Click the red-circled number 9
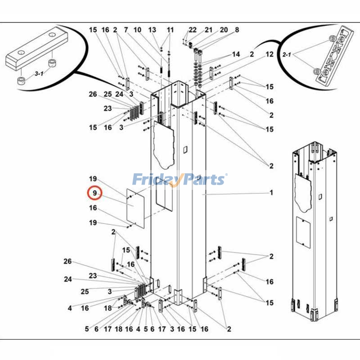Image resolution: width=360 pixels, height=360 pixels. click(95, 193)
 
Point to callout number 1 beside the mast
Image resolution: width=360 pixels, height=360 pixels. click(271, 193)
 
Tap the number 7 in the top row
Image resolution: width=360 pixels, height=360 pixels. click(126, 30)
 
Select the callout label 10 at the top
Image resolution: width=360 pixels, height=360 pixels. click(138, 30)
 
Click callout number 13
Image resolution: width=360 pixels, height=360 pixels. click(153, 30)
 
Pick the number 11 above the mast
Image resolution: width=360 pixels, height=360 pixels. click(170, 30)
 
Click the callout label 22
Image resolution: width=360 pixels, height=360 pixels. click(193, 30)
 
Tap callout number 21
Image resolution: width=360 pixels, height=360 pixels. click(208, 30)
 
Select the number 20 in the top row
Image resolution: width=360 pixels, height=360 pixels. click(224, 30)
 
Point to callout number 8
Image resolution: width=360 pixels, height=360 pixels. click(237, 30)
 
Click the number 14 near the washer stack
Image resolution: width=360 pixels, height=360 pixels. click(236, 54)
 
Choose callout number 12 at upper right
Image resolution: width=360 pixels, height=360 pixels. click(270, 54)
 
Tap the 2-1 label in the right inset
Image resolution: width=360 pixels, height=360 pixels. click(287, 55)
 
